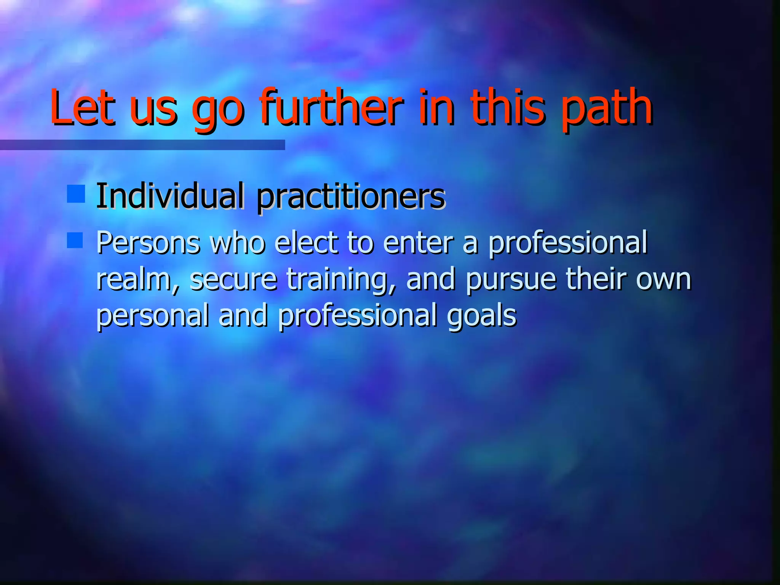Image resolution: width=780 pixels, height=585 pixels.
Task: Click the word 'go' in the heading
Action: [217, 110]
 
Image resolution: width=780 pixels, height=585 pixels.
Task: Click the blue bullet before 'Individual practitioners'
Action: [75, 194]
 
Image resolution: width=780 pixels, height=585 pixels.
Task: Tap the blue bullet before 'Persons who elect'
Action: [75, 241]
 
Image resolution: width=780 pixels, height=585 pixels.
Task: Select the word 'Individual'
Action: [169, 196]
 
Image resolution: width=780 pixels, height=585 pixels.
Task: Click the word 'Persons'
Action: [148, 243]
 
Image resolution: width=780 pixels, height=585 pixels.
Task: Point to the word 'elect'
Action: [306, 243]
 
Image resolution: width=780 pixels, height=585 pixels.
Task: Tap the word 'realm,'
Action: [137, 280]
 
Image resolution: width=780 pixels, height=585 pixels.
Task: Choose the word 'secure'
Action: [233, 279]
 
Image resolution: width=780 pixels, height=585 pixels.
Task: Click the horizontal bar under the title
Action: [142, 145]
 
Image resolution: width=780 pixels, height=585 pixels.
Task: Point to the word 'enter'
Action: [418, 243]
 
